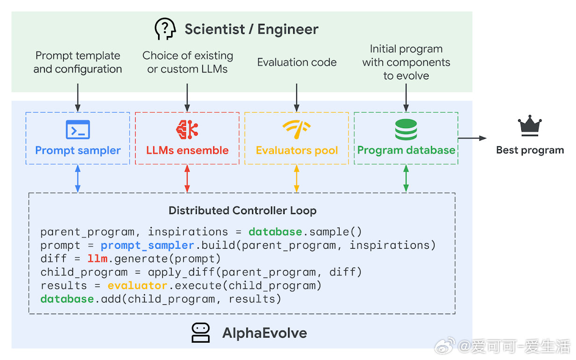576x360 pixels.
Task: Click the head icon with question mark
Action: point(165,29)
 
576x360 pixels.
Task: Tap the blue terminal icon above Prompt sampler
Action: point(78,130)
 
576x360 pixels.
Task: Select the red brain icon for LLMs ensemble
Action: point(187,130)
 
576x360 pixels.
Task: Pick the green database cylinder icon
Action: point(406,130)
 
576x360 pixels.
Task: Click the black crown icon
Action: point(530,125)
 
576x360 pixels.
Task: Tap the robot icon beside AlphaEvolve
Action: point(201,333)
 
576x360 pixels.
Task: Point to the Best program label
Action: point(530,150)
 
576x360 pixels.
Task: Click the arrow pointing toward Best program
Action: point(472,138)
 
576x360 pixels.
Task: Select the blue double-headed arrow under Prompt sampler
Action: point(78,179)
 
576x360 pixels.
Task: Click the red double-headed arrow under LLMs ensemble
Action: point(187,179)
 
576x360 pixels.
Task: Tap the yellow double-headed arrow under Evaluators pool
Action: point(296,179)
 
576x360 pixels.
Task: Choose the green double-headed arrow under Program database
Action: point(406,179)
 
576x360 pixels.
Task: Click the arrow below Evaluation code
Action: point(296,98)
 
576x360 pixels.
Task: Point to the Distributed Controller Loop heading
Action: point(243,210)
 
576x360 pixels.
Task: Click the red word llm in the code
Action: point(97,259)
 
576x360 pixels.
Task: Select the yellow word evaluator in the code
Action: point(137,285)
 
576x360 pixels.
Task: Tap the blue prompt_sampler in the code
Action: point(147,245)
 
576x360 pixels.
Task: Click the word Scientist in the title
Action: point(215,29)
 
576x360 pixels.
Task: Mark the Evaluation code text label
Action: point(297,62)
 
